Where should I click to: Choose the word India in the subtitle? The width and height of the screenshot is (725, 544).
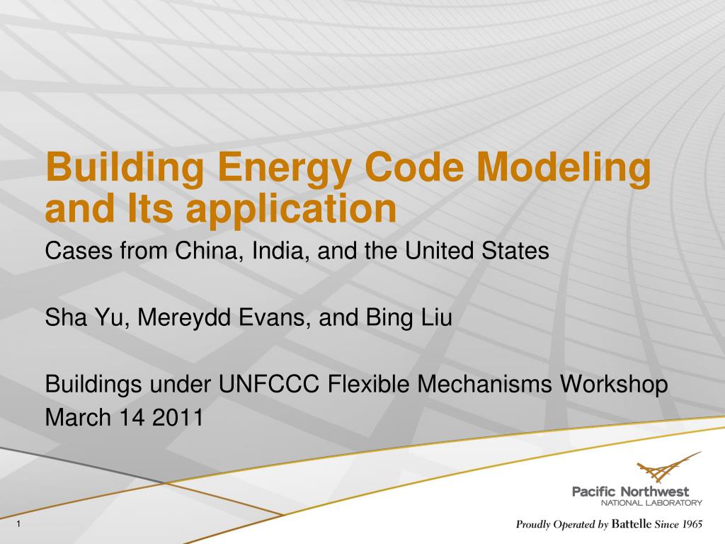pyautogui.click(x=278, y=251)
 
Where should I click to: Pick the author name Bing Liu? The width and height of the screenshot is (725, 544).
pyautogui.click(x=408, y=318)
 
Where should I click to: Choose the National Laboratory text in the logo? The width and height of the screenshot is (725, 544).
pyautogui.click(x=651, y=503)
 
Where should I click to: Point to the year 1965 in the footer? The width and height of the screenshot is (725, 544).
pyautogui.click(x=688, y=525)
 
